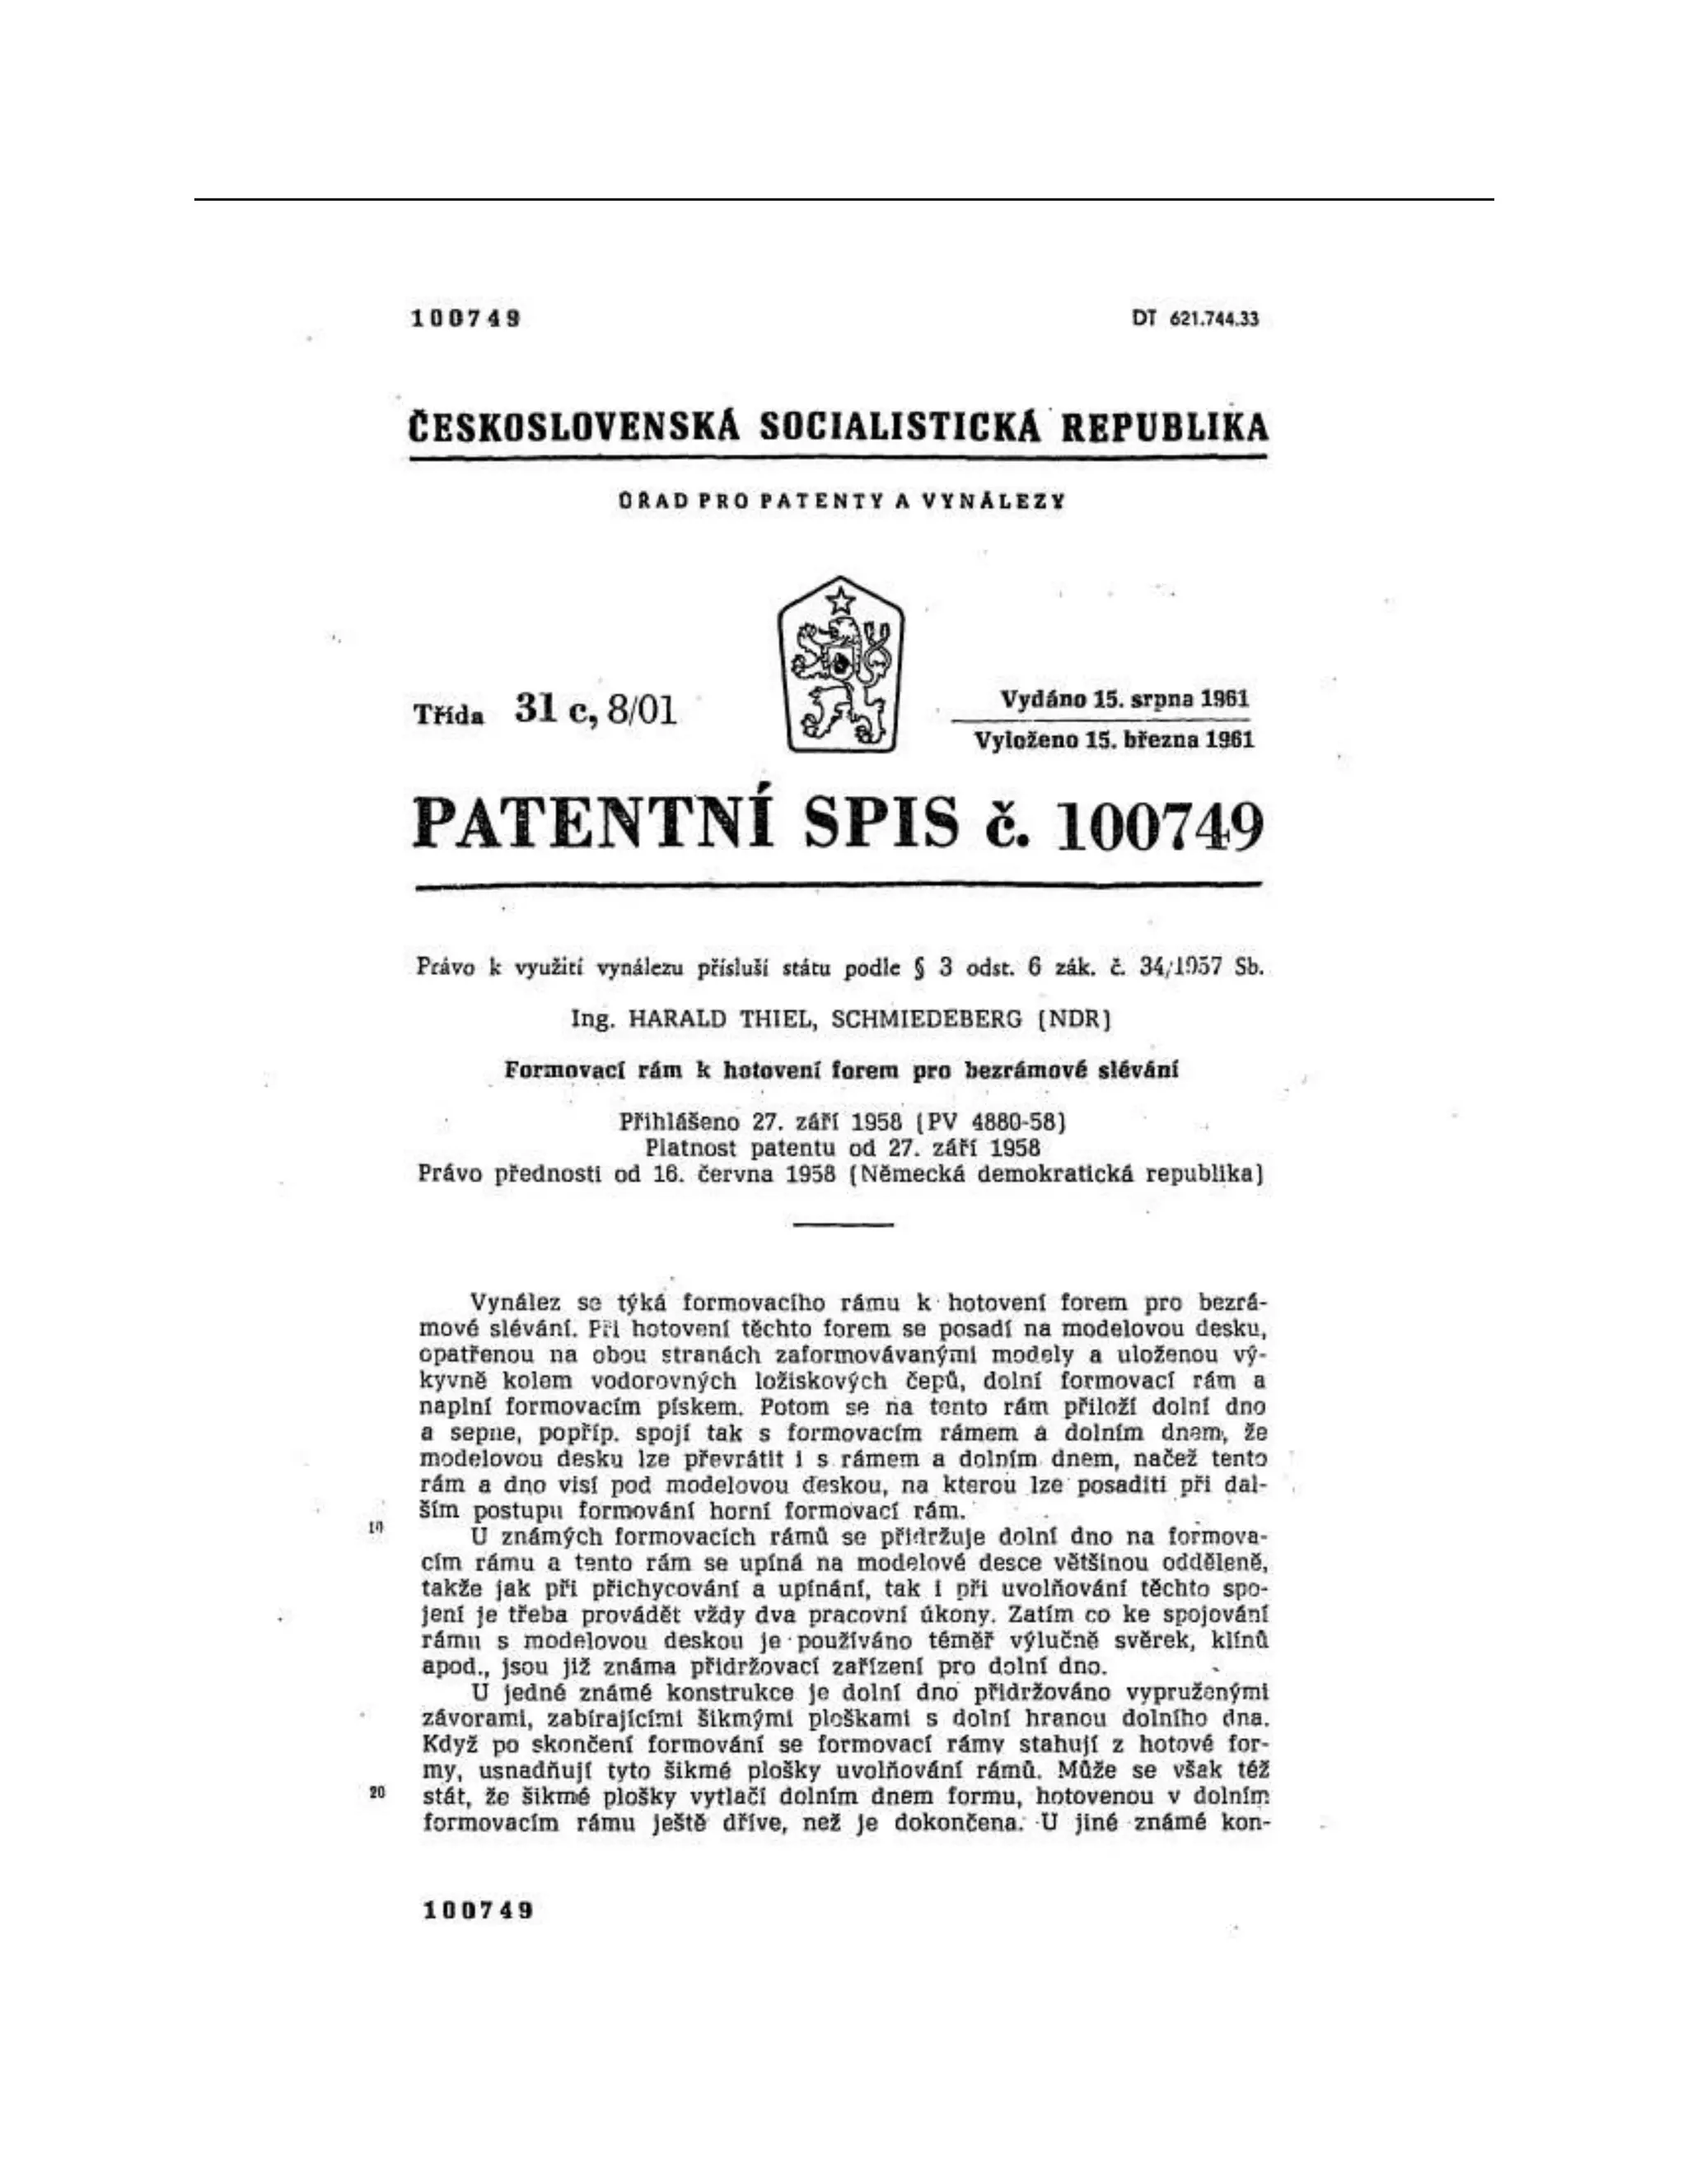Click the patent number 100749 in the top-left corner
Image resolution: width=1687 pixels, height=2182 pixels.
(x=465, y=319)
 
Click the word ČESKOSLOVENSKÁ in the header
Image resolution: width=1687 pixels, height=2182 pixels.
(x=575, y=427)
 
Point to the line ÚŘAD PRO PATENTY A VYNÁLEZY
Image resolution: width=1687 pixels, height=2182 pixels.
(x=839, y=501)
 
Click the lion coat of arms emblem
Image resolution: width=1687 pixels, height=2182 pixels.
(x=840, y=664)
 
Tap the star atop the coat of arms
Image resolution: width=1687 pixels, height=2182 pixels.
(x=840, y=599)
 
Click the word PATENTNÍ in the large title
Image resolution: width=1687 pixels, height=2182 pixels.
(x=591, y=823)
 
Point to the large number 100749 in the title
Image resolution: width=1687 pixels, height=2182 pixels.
(x=1159, y=825)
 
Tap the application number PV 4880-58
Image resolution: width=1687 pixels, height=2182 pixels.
(x=986, y=1120)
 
